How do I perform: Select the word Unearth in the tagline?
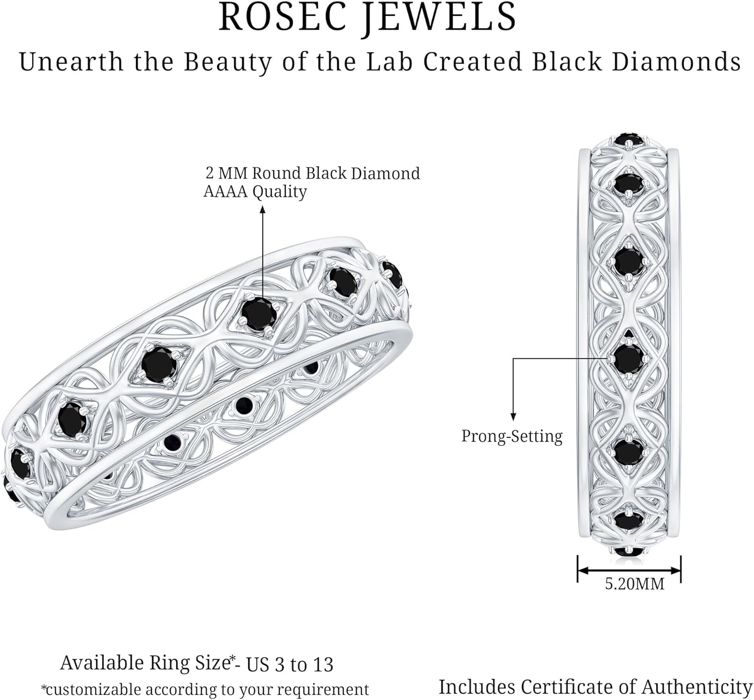point(71,62)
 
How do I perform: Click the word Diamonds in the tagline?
point(676,62)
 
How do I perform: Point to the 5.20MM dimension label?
point(634,584)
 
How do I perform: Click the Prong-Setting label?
point(512,436)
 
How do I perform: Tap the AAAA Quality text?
point(255,191)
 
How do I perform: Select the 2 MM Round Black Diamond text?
point(313,173)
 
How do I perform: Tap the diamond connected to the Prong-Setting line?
point(628,358)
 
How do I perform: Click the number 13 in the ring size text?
point(322,665)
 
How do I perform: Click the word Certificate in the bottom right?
point(573,687)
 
